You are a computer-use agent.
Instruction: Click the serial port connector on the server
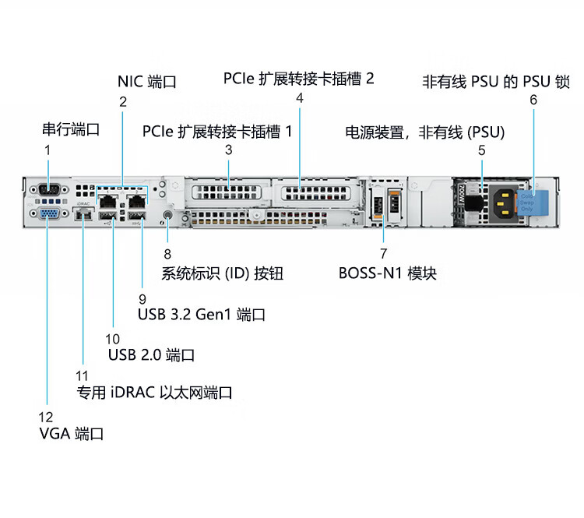coord(47,189)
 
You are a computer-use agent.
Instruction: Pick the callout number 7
coord(383,254)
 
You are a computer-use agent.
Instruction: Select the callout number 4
coord(300,98)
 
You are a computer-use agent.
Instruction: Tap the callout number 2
coord(122,101)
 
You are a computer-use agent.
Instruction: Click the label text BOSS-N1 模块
coord(388,273)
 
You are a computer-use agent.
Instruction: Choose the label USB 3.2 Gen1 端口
coord(202,315)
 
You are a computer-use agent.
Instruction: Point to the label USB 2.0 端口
coord(151,355)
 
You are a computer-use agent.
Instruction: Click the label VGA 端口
coord(72,434)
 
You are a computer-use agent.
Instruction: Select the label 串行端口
coord(71,129)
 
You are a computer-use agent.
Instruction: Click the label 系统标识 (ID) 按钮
coord(222,273)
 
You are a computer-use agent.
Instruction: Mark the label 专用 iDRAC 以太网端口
coord(154,393)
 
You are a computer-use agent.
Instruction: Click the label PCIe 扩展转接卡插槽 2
coord(299,79)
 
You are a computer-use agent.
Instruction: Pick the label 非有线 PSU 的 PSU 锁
coord(496,81)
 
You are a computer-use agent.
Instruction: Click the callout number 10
coord(113,339)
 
